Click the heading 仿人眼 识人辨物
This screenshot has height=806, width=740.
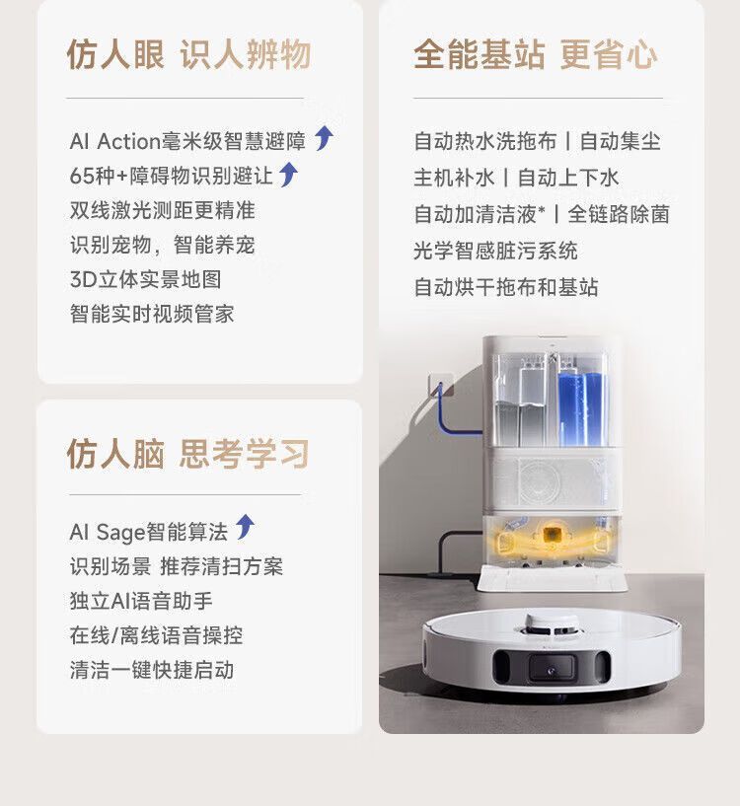(x=188, y=54)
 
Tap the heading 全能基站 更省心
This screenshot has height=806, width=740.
(x=536, y=54)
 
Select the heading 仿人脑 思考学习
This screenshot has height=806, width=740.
(x=187, y=454)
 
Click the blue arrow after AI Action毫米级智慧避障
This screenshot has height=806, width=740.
(x=324, y=138)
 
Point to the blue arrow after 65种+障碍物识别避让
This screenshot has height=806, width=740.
(x=288, y=175)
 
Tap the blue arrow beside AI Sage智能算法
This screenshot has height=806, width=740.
(x=245, y=527)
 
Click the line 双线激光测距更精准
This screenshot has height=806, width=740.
(x=163, y=210)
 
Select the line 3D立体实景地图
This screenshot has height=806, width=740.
(x=145, y=279)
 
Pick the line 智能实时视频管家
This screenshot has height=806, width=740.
(x=152, y=314)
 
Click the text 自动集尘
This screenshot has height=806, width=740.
(x=621, y=141)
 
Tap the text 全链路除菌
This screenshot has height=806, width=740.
(x=619, y=214)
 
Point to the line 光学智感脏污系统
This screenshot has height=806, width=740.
(x=495, y=251)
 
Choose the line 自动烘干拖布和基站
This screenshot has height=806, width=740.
(x=506, y=287)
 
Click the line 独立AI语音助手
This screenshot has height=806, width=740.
(x=141, y=601)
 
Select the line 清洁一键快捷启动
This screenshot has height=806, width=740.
(x=152, y=670)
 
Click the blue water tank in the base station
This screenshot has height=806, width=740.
(x=582, y=407)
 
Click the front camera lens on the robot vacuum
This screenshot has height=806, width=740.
(x=551, y=669)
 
